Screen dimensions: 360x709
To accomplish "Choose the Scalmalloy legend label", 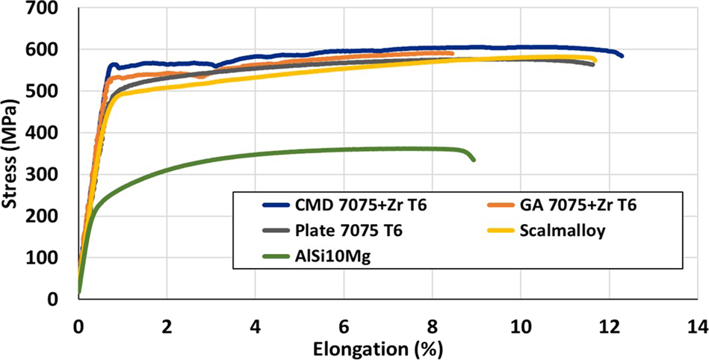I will [570, 231].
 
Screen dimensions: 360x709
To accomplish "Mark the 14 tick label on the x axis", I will [697, 326].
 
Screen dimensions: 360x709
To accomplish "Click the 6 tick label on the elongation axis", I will [344, 326].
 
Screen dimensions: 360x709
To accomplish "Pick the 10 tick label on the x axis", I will [520, 326].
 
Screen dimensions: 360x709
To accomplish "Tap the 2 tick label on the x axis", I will [167, 326].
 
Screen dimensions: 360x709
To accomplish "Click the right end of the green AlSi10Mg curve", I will [474, 159].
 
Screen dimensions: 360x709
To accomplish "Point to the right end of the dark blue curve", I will [622, 56].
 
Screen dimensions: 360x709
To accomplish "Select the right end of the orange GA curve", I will [452, 53].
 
